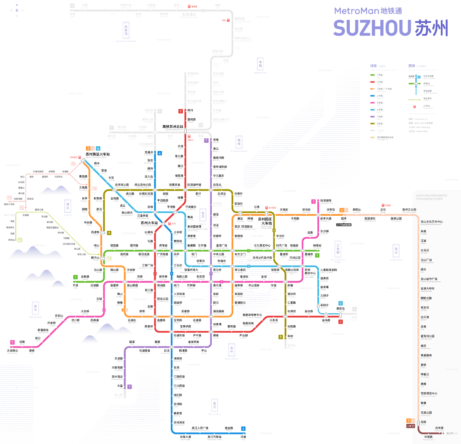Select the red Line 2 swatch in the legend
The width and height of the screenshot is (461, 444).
pos(372,82)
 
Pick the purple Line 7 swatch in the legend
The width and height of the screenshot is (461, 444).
pos(372,116)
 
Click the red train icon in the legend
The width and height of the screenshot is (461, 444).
pos(414,106)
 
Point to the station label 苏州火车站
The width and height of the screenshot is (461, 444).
pos(150,223)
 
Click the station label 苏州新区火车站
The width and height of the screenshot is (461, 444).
pos(97,154)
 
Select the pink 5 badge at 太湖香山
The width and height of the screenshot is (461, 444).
pos(13,343)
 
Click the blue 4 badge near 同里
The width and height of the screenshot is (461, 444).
pos(244,428)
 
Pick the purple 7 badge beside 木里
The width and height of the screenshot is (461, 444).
pos(129,387)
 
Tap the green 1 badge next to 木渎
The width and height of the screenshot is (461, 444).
pos(75,277)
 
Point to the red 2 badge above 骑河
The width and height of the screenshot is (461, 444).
pos(181,111)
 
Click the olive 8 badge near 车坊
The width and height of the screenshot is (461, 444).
pos(281,337)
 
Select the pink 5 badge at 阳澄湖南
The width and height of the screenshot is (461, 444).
pos(314,202)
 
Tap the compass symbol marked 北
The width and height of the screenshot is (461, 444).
pos(17,10)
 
